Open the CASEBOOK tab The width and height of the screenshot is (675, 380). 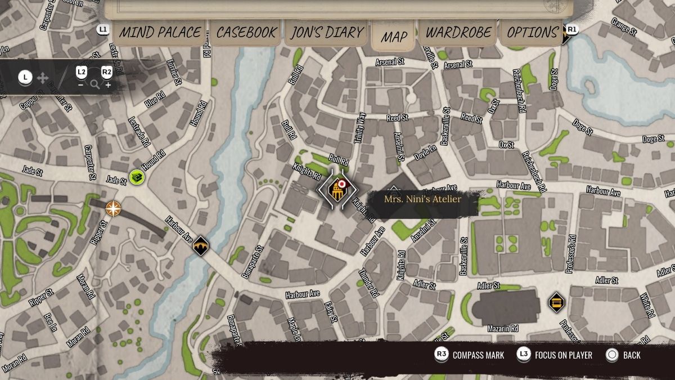click(247, 33)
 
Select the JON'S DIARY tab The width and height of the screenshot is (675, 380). click(327, 33)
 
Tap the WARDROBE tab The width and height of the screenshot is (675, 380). click(458, 33)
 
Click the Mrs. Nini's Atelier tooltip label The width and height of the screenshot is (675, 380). click(422, 199)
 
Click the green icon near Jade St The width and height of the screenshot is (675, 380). click(136, 177)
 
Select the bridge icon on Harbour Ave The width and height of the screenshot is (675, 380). click(201, 245)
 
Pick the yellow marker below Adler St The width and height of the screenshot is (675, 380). click(556, 302)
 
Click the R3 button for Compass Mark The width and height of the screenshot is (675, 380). click(442, 355)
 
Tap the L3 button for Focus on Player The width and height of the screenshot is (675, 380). click(524, 355)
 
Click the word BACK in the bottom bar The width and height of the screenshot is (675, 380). click(632, 355)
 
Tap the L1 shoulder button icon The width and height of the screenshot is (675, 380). click(103, 29)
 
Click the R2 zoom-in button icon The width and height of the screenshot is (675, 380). click(106, 73)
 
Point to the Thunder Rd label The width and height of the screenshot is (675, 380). click(369, 283)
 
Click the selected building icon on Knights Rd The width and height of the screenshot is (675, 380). click(337, 190)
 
